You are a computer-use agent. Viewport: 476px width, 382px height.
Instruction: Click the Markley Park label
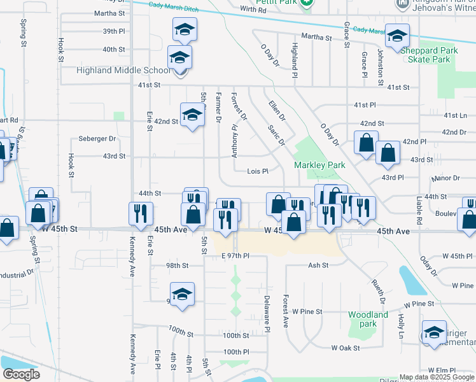point(319,165)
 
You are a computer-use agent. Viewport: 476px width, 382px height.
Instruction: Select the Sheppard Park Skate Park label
point(430,55)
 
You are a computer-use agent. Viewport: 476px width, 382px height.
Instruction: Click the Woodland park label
point(368,319)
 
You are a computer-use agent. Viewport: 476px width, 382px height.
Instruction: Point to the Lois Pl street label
point(258,171)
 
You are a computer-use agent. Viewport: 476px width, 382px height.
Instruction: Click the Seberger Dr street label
point(97,138)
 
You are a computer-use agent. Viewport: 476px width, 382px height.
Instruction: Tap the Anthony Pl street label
point(235,141)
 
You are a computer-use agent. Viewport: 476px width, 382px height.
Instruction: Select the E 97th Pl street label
point(234,255)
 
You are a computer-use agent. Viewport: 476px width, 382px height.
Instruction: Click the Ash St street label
point(318,265)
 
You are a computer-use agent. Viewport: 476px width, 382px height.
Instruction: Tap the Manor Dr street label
point(446,178)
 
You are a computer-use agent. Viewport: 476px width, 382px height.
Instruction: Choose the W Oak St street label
point(346,348)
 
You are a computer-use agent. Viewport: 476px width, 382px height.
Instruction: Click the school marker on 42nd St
point(192,115)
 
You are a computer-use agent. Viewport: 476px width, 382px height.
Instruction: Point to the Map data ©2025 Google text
point(437,377)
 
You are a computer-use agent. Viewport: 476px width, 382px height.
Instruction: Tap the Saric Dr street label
point(276,134)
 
